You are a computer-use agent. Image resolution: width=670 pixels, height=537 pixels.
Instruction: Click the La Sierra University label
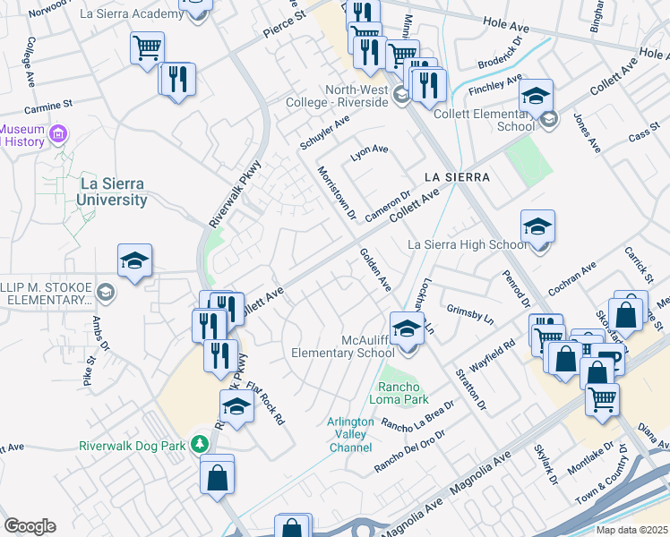(112, 192)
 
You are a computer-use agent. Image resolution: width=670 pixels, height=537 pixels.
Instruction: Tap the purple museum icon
(59, 135)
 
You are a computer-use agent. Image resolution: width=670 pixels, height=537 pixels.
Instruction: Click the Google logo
(30, 526)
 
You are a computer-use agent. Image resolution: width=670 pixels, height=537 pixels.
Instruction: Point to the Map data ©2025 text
(631, 529)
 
